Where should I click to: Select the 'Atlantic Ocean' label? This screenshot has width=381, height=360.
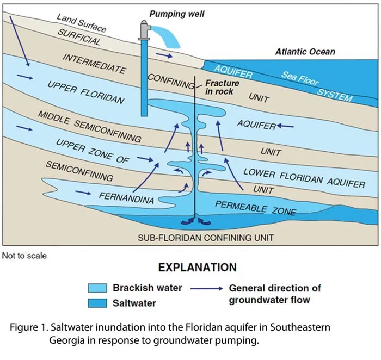coord(305,52)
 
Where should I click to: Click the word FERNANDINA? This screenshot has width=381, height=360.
coord(127,196)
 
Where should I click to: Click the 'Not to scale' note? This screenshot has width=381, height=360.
coord(24,256)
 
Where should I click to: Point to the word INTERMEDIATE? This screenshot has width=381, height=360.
coord(94,64)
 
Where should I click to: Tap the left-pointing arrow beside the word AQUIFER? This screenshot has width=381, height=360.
coord(286,126)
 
